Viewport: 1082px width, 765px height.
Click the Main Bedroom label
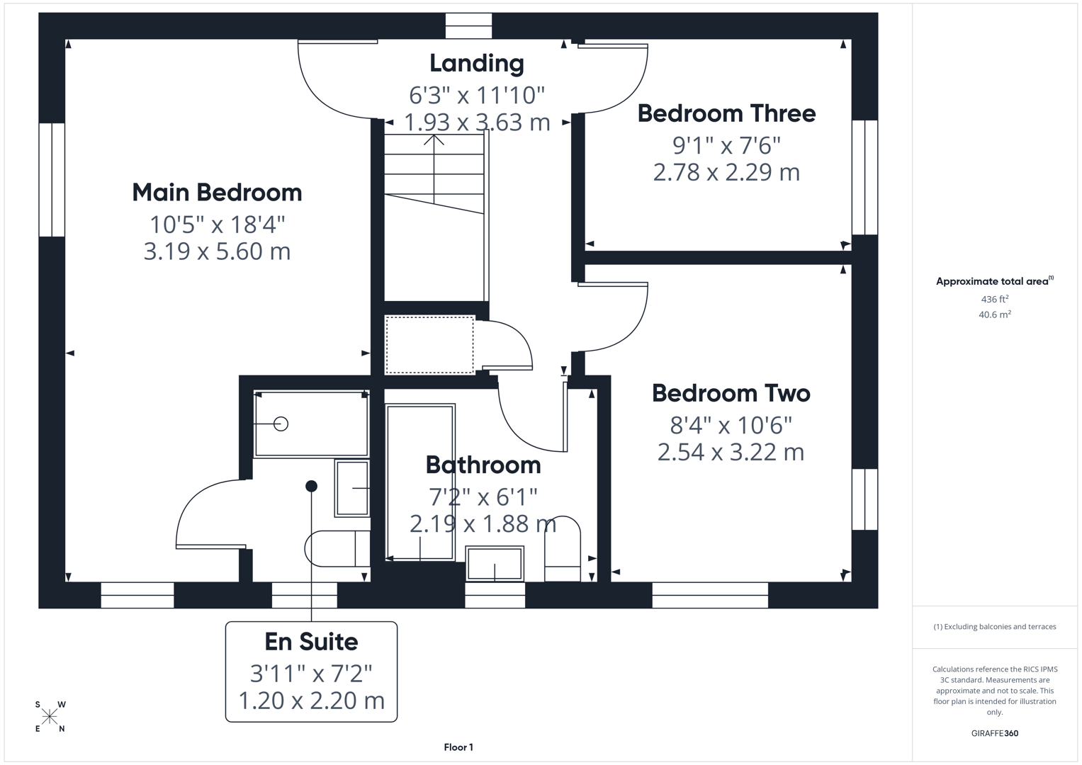pos(217,193)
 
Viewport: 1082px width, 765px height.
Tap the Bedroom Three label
pos(726,113)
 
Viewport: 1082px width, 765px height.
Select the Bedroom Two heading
pos(731,393)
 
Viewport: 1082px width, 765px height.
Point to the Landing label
pos(477,63)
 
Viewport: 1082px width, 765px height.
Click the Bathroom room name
pos(483,465)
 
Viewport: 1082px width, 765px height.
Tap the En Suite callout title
pos(311,642)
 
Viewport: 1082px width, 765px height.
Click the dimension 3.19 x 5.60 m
pos(217,251)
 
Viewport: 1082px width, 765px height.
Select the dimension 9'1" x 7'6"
pos(726,145)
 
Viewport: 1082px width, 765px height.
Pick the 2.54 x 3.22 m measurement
pos(731,452)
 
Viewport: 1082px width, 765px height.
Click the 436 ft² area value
pos(994,299)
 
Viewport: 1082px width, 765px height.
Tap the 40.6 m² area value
pos(994,314)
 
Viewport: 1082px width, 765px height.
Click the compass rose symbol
pos(50,717)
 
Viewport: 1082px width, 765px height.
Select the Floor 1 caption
pos(458,747)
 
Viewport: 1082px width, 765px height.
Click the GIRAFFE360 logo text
pos(994,733)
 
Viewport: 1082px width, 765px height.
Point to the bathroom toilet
pos(562,549)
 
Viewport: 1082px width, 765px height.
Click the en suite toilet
pos(337,549)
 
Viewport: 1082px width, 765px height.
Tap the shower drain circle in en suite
pos(281,424)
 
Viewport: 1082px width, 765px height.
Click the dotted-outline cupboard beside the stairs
pos(429,345)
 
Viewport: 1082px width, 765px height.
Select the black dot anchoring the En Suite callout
pos(311,486)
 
